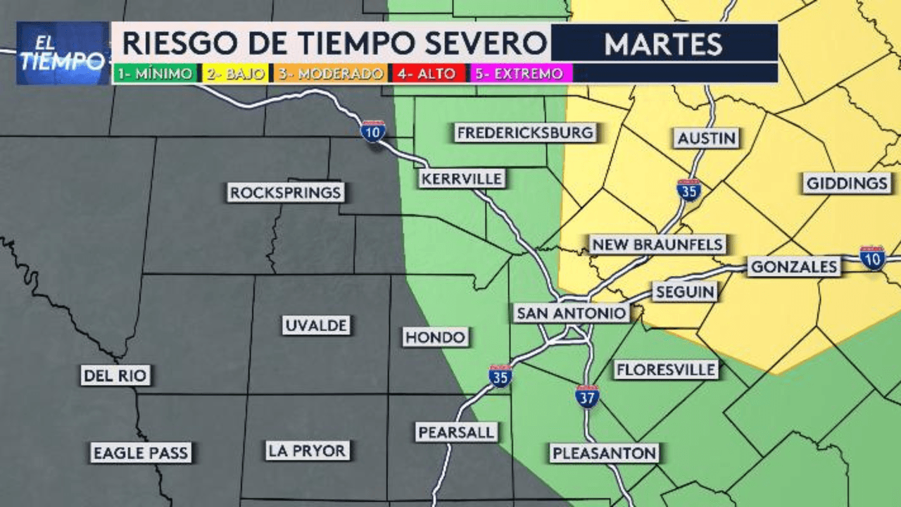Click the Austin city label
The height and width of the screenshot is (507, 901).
(x=707, y=138)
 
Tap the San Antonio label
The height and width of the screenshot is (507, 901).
(x=571, y=313)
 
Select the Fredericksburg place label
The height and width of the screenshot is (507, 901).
(x=525, y=132)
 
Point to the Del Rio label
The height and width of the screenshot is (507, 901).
(x=116, y=375)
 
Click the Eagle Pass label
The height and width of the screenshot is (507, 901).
(x=141, y=453)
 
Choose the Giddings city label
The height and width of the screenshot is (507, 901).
(x=848, y=184)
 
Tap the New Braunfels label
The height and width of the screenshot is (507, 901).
(x=657, y=244)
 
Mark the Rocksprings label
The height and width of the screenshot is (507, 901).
(x=286, y=192)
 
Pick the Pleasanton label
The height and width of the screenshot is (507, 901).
(x=605, y=453)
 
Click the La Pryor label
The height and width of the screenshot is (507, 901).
(x=307, y=450)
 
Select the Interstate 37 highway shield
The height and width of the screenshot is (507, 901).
(x=587, y=396)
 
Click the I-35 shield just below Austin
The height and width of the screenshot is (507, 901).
(x=688, y=190)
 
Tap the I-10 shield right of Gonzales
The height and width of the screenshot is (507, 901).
(x=872, y=258)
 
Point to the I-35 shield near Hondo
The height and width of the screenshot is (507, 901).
(x=500, y=376)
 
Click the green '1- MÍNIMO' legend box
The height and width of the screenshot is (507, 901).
(x=156, y=73)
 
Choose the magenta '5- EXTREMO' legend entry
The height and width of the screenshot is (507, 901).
(x=519, y=73)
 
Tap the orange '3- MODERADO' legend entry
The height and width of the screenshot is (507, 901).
(x=330, y=73)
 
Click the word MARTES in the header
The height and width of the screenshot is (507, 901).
(x=663, y=44)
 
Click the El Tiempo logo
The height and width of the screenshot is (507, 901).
(x=62, y=54)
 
